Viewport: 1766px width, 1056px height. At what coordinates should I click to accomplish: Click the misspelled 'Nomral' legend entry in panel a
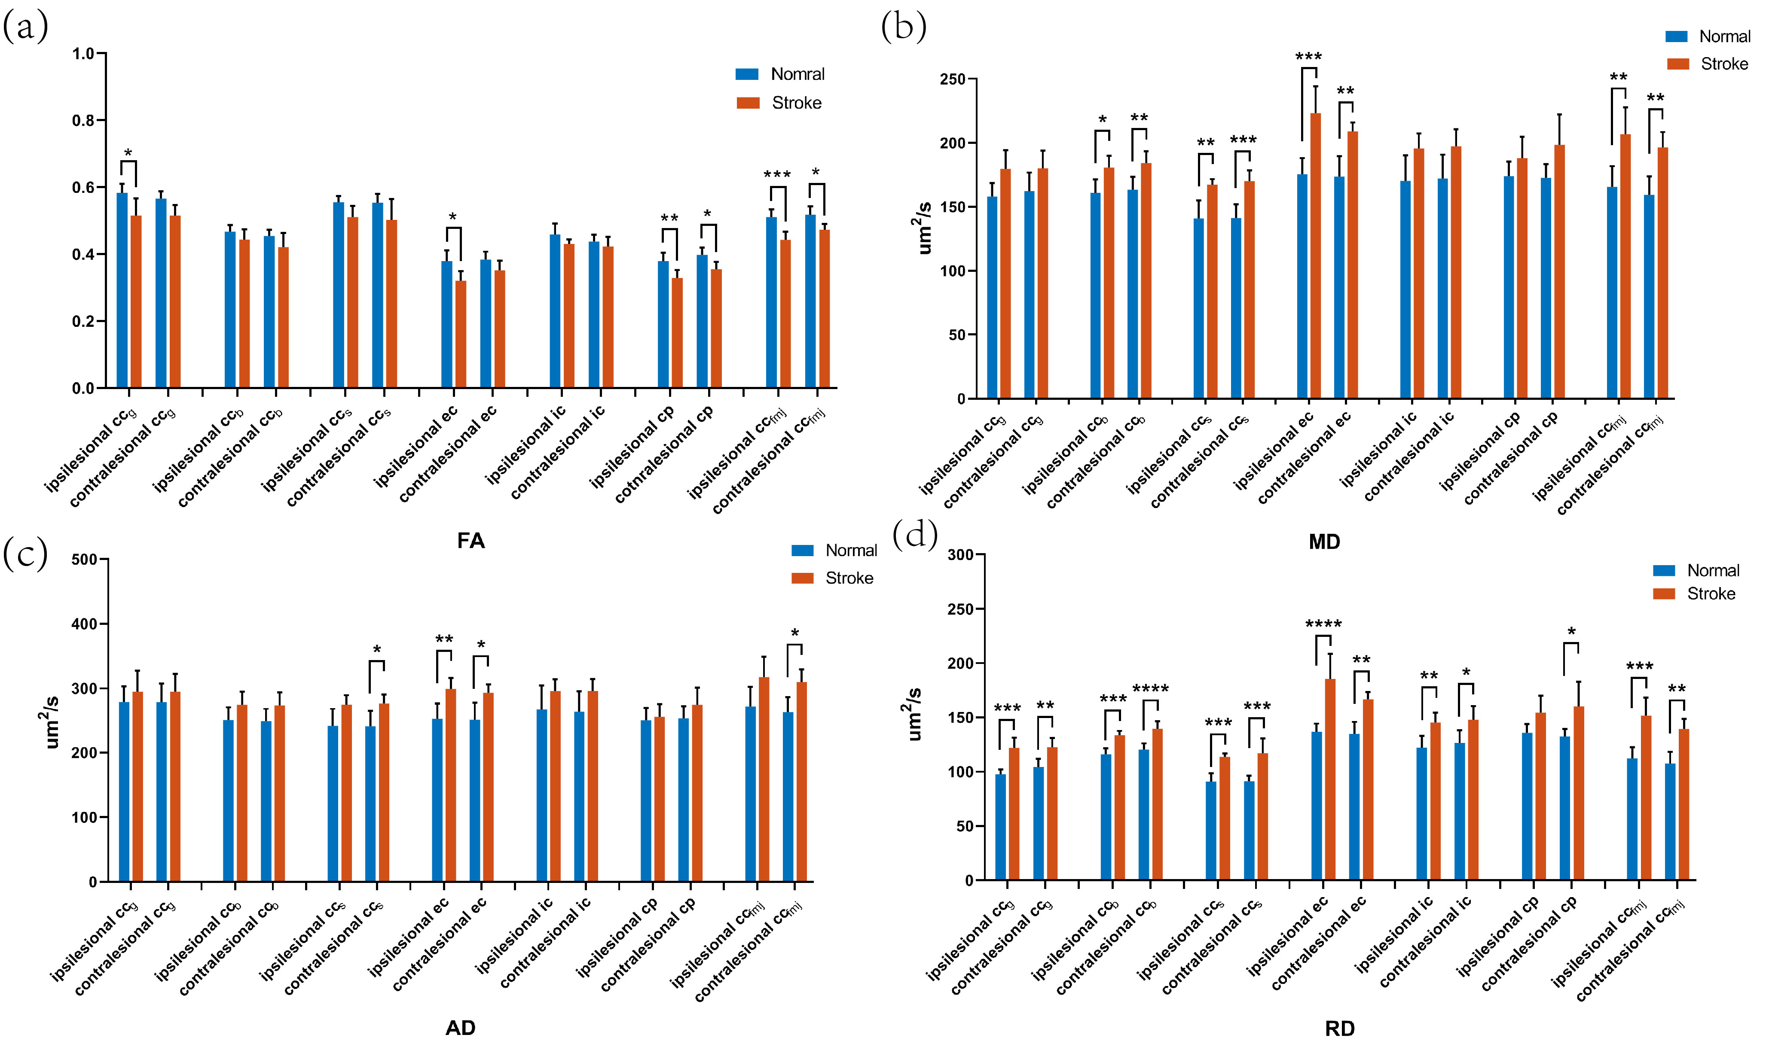(x=797, y=74)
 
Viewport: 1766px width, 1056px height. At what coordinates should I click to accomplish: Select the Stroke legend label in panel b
(x=1724, y=64)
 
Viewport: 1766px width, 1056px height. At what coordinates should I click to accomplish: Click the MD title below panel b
(x=1324, y=542)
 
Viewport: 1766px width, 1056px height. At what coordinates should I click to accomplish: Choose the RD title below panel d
(x=1340, y=1028)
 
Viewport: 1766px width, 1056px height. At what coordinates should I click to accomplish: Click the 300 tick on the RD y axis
(x=961, y=554)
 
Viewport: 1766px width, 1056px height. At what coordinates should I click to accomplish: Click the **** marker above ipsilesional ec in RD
(x=1323, y=625)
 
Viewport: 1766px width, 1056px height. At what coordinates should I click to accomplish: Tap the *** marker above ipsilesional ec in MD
(x=1308, y=57)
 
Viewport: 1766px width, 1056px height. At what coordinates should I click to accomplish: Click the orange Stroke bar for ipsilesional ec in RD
(x=1330, y=779)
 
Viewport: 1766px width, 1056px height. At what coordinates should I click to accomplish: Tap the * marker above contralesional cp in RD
(x=1571, y=632)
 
